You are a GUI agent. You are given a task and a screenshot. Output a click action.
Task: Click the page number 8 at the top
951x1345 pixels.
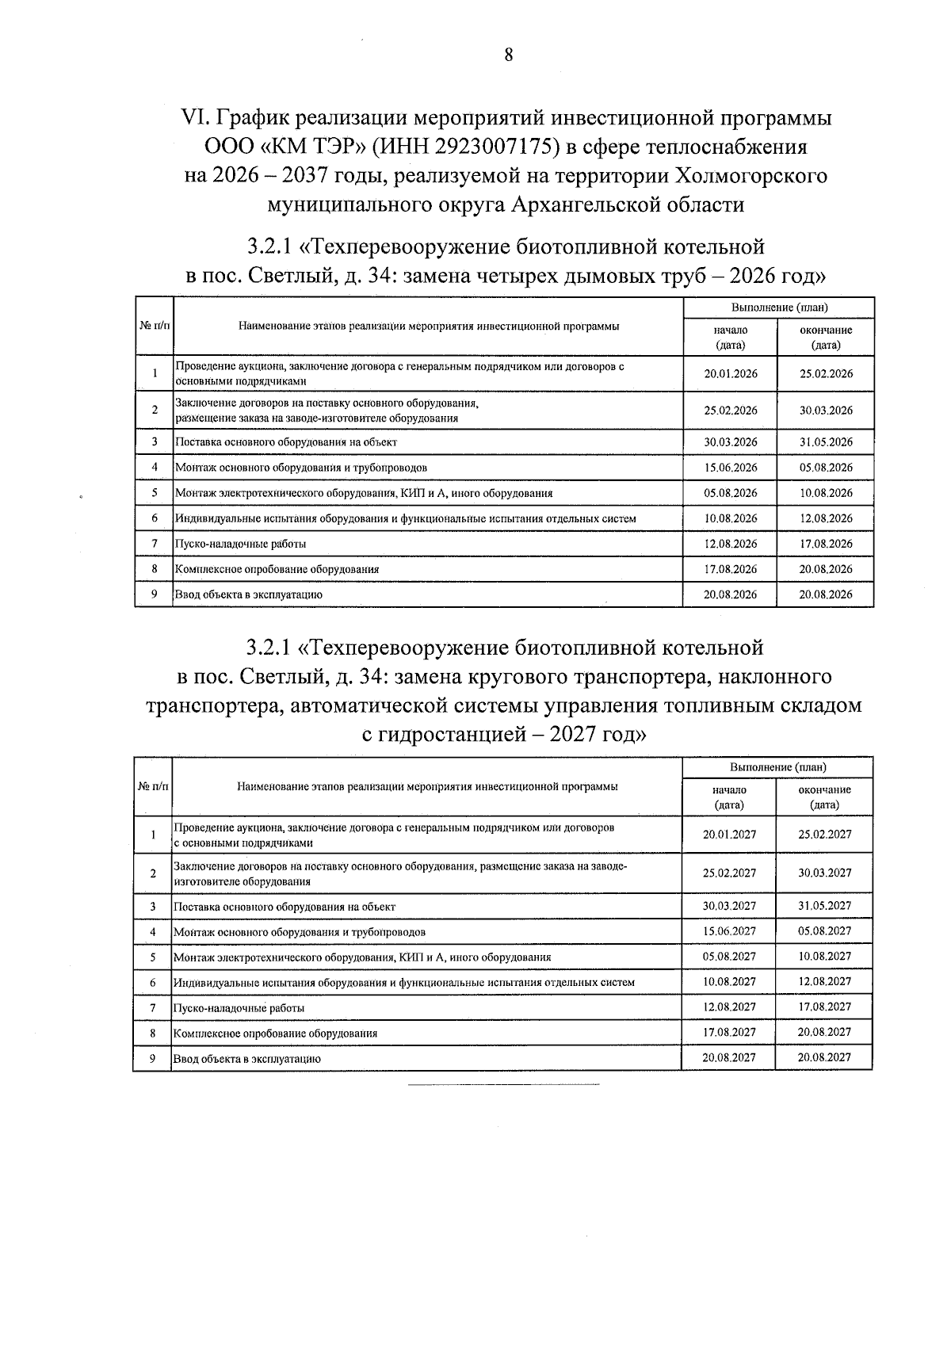tap(508, 55)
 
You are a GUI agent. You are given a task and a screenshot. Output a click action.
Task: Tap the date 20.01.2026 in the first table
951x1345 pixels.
tap(730, 374)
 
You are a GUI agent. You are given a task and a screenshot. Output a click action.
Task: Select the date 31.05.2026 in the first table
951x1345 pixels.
tap(826, 442)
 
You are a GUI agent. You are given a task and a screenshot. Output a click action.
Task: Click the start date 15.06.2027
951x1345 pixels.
tap(729, 931)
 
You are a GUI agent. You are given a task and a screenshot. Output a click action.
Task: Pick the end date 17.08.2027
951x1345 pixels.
tap(824, 1007)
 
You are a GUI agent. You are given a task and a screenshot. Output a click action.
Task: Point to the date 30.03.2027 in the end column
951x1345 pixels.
tap(824, 873)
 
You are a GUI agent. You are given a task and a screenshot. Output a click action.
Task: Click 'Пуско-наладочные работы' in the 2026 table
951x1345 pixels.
tap(240, 544)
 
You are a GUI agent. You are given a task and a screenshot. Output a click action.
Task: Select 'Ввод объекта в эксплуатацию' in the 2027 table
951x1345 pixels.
tap(246, 1058)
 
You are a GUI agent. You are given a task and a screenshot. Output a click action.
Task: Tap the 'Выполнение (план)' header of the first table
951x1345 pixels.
tap(779, 308)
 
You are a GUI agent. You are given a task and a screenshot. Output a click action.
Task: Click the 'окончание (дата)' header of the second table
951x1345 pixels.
tap(824, 797)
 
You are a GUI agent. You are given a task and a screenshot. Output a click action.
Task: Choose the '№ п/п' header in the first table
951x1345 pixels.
tap(155, 327)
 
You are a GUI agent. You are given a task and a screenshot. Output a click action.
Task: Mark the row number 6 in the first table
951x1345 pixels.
tap(155, 518)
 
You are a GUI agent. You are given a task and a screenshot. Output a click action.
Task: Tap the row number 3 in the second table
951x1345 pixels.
tap(152, 906)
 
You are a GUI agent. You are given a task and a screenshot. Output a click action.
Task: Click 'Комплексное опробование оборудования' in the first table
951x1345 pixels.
tap(277, 569)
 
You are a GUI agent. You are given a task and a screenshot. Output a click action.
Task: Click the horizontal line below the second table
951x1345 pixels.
tap(503, 1083)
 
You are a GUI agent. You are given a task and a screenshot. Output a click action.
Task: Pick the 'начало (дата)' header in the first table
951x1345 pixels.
tap(730, 338)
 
